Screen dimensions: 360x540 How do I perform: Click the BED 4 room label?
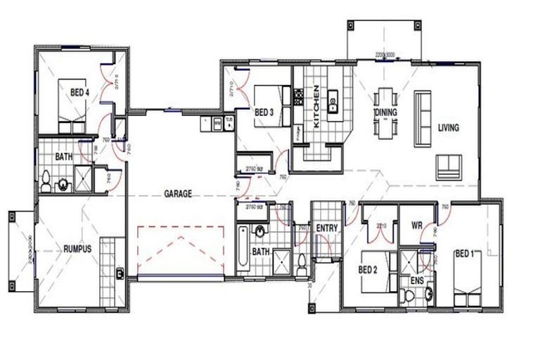point(79,92)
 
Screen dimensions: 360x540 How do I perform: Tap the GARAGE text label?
point(178,193)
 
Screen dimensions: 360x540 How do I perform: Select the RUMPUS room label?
point(77,248)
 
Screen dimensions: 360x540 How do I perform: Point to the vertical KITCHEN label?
point(316,106)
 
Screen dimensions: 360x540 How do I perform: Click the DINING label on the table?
point(385,112)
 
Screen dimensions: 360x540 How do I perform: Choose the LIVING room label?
point(448,128)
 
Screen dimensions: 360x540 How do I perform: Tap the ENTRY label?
point(327,228)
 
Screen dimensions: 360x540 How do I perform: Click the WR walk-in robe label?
point(416,226)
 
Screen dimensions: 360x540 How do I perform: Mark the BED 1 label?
point(465,253)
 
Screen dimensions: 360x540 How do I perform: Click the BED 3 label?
point(264,112)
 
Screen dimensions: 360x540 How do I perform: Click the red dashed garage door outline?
point(179,250)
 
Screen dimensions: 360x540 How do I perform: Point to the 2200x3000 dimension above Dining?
point(386,53)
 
